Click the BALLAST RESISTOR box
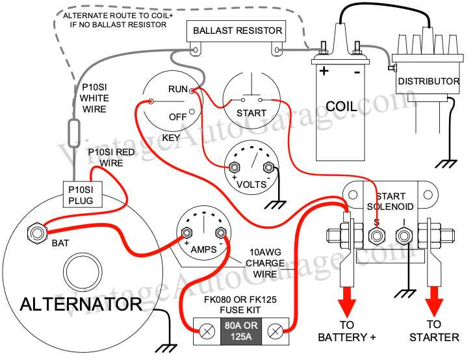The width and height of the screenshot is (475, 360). pyautogui.click(x=237, y=31)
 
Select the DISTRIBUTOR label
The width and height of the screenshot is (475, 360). pyautogui.click(x=428, y=82)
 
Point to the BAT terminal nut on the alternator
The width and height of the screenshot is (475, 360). pyautogui.click(x=35, y=231)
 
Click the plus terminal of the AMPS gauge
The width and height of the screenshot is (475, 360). pyautogui.click(x=188, y=233)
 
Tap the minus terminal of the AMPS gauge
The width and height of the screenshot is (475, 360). pyautogui.click(x=220, y=233)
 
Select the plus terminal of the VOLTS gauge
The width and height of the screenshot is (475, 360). pyautogui.click(x=235, y=167)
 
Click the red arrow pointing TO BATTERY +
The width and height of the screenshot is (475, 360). pyautogui.click(x=347, y=303)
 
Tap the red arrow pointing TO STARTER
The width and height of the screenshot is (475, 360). pyautogui.click(x=434, y=303)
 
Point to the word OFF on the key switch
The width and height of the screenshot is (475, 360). pyautogui.click(x=178, y=117)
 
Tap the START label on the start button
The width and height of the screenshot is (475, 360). pyautogui.click(x=251, y=113)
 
